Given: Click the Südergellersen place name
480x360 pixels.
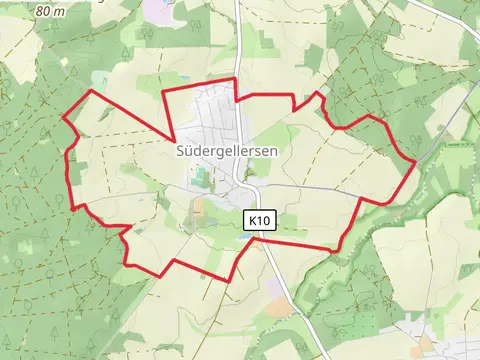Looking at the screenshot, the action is [226, 151].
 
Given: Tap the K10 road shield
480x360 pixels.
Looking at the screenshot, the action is [260, 219].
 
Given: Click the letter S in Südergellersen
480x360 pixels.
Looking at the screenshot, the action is [180, 151].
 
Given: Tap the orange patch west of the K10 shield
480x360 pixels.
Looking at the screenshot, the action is [199, 211].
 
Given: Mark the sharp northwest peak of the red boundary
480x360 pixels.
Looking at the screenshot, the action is [93, 91].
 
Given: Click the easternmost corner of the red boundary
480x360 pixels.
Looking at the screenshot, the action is [416, 161].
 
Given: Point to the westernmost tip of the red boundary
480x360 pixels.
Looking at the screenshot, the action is [63, 118].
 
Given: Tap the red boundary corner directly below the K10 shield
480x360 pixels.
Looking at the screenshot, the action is [262, 238].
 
